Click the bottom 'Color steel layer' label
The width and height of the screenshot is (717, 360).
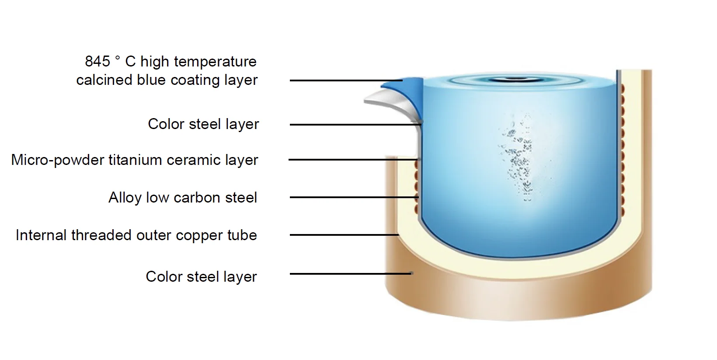201,277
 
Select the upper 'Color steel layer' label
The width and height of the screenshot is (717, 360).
203,124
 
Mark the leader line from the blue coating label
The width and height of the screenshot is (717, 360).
345,80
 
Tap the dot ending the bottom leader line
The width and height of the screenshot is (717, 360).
411,274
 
